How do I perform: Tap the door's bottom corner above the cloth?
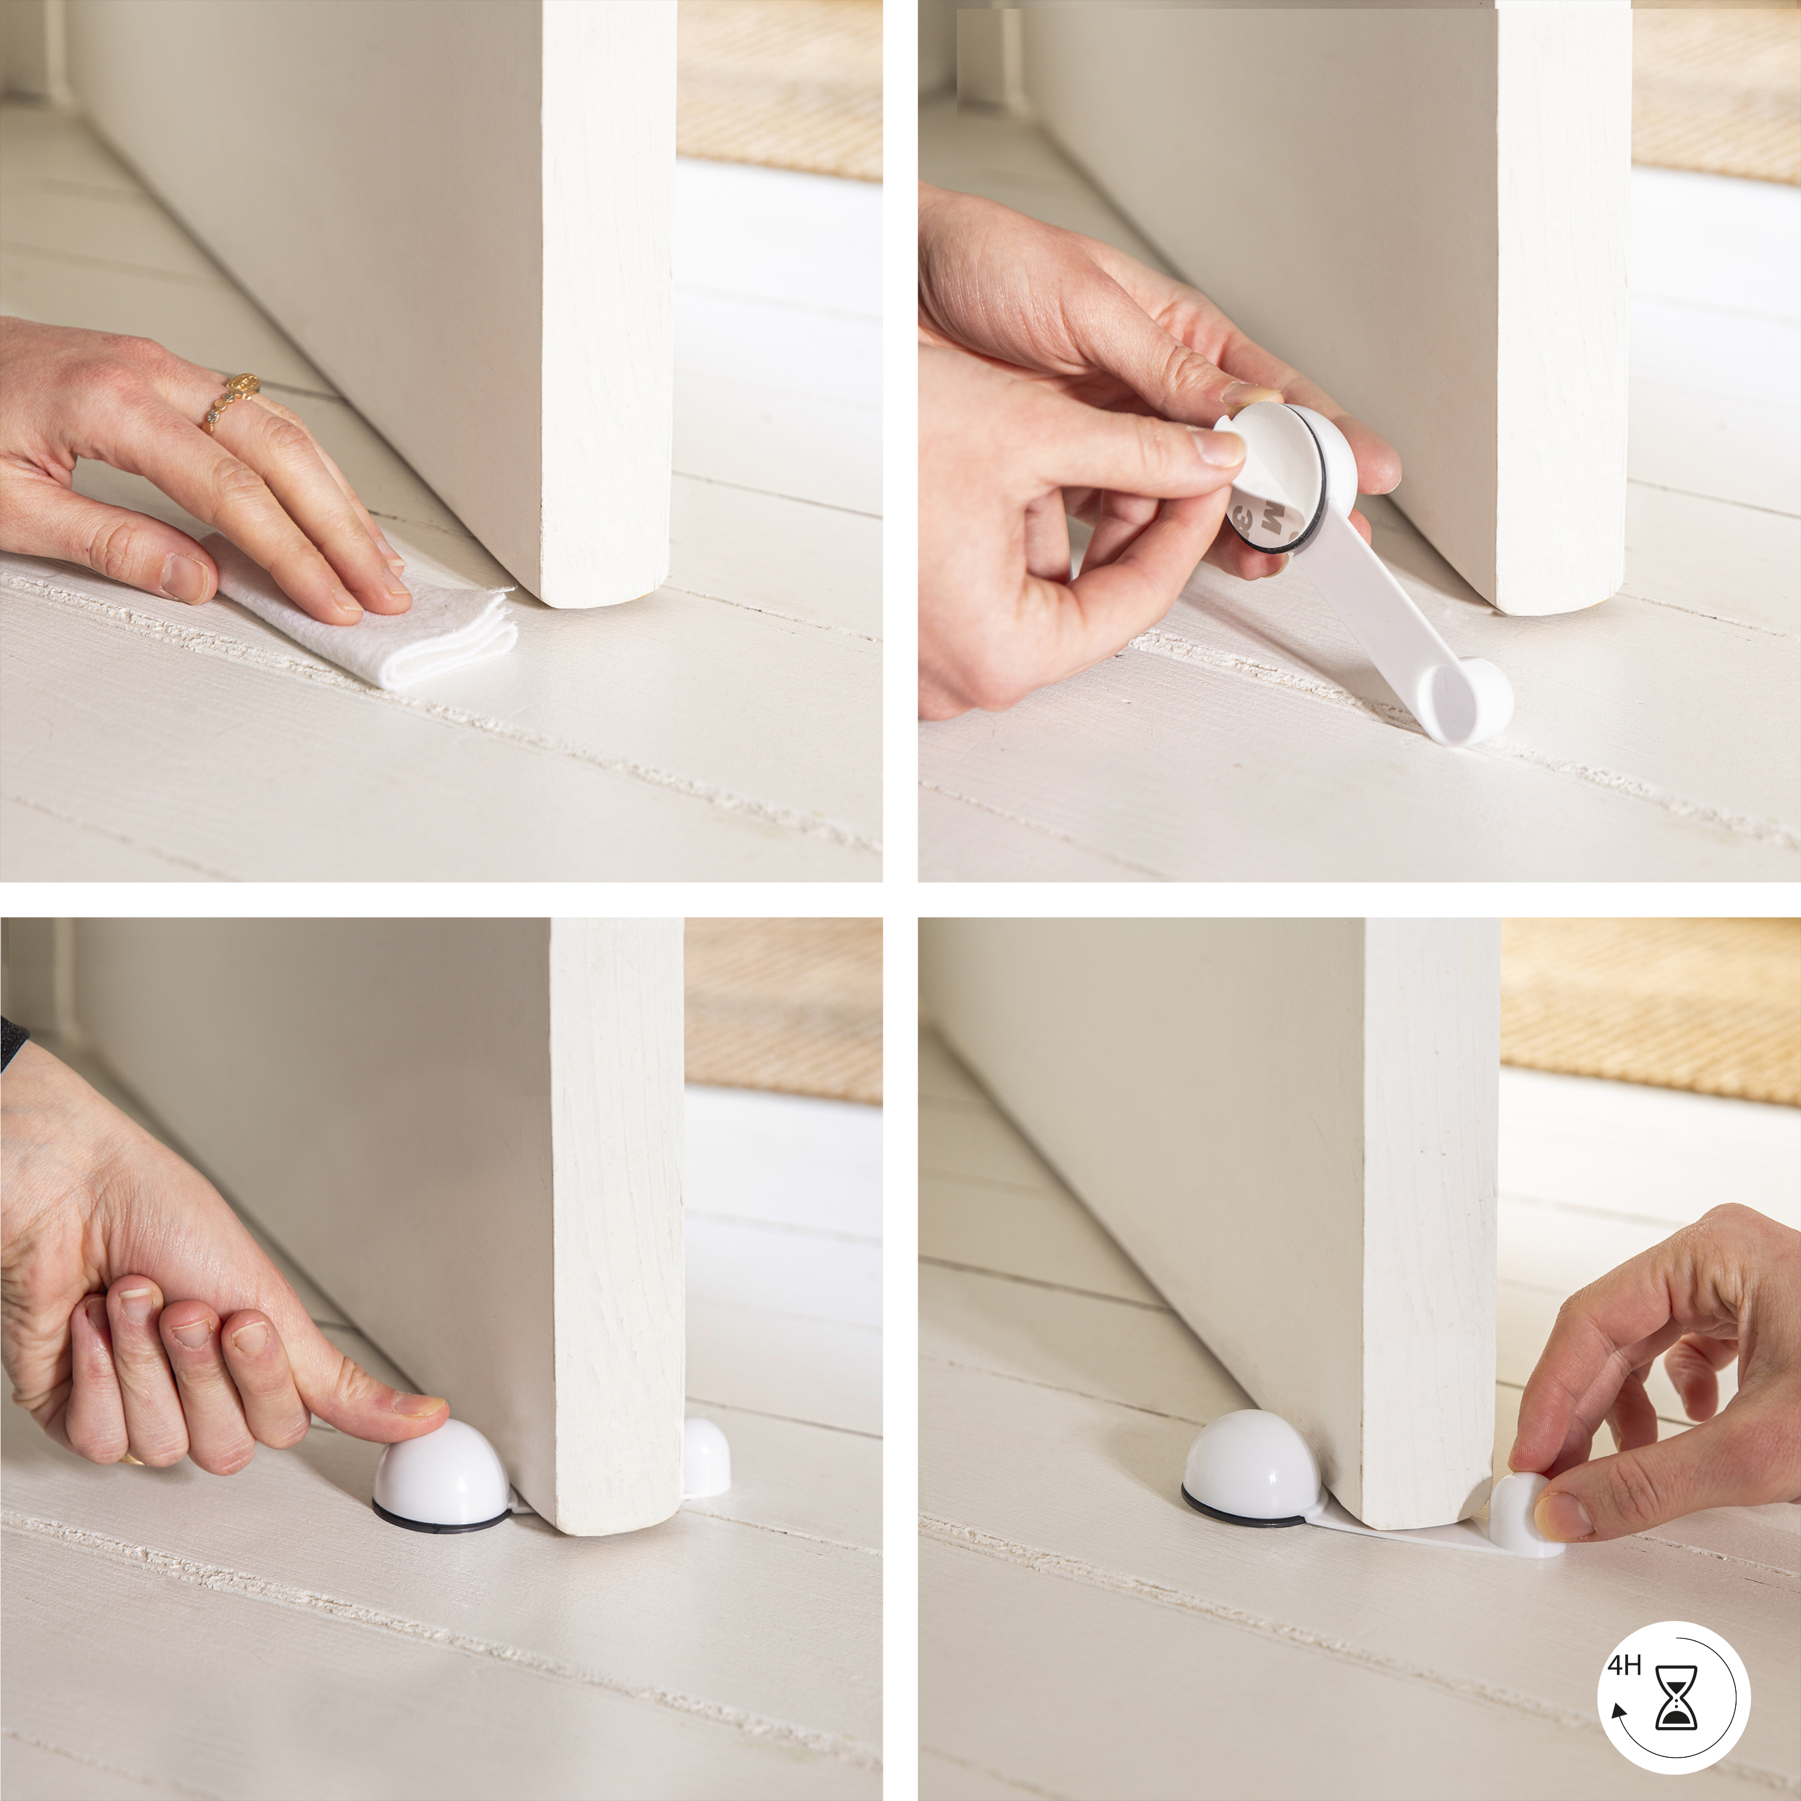click(597, 578)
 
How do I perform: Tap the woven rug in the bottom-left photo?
click(783, 1007)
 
